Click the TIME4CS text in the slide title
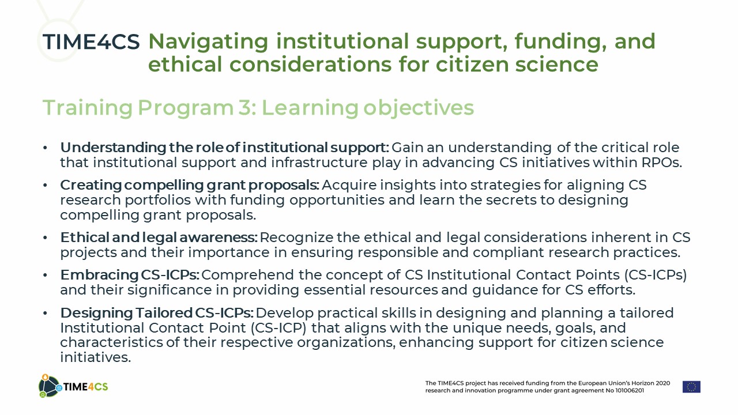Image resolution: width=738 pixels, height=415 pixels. point(91,42)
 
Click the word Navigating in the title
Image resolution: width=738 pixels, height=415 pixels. point(208,42)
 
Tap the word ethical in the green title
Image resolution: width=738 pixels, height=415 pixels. point(185,64)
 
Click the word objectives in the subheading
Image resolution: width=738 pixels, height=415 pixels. point(419,108)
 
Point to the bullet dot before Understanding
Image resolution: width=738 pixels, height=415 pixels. point(45,148)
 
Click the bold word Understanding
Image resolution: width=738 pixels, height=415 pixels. point(113,148)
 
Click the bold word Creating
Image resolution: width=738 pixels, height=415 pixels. point(91,185)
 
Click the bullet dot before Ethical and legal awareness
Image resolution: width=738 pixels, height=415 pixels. point(45,237)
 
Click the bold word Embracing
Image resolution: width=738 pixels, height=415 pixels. point(99,275)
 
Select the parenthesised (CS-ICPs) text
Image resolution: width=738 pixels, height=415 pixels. point(656,275)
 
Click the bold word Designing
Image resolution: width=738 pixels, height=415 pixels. point(96,313)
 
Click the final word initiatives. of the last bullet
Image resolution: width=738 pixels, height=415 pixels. point(96,357)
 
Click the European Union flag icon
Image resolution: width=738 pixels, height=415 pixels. point(691,387)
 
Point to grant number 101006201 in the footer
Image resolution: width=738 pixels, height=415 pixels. point(629,391)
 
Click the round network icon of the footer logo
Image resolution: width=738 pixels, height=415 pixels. point(49,386)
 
